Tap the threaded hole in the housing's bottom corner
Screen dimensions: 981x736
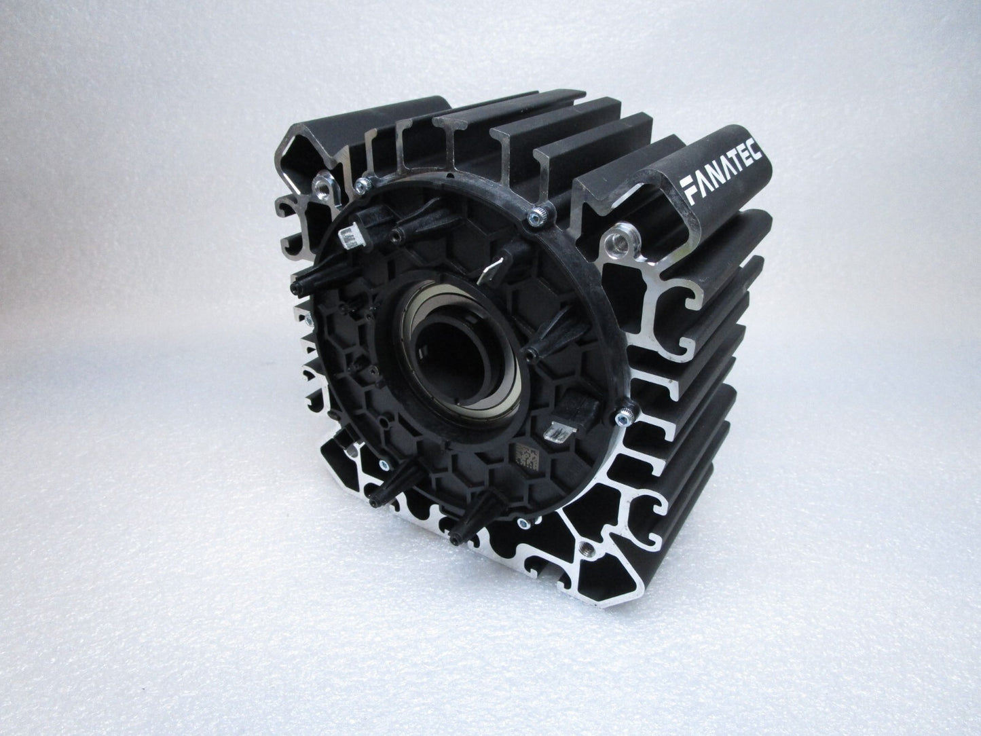click(587, 549)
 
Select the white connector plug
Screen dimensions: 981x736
click(351, 235)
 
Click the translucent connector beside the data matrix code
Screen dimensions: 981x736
click(559, 431)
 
